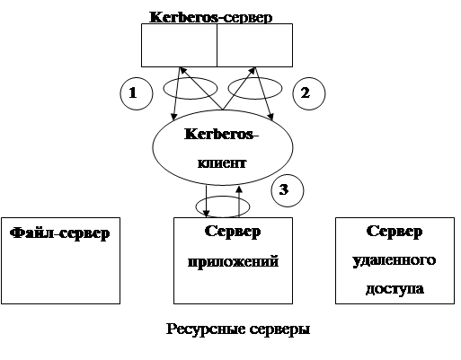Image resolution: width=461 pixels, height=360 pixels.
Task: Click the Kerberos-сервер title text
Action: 211,17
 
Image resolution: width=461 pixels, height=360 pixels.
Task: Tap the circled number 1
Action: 137,93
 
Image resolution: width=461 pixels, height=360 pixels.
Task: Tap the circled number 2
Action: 308,93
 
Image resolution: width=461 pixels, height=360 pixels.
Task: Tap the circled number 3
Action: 288,190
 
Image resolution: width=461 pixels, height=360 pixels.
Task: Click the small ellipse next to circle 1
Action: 164,88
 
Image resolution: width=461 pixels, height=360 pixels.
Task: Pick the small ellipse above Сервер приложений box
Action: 196,206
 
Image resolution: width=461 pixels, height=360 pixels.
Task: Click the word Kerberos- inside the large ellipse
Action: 221,134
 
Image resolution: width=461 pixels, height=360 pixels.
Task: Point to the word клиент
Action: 222,163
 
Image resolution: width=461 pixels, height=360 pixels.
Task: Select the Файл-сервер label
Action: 60,233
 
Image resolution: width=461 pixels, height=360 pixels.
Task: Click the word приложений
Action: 233,262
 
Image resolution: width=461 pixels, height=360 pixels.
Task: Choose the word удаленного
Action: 395,260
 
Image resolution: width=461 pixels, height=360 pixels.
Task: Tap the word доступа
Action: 395,289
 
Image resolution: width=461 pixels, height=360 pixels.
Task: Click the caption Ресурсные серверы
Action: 238,329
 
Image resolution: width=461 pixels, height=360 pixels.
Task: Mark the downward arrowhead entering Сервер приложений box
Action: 206,214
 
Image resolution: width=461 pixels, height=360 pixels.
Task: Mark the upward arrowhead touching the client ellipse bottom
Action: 239,189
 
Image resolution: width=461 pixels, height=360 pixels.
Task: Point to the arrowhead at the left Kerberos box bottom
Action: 182,71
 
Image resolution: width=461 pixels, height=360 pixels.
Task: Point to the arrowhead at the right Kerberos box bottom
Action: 253,71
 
